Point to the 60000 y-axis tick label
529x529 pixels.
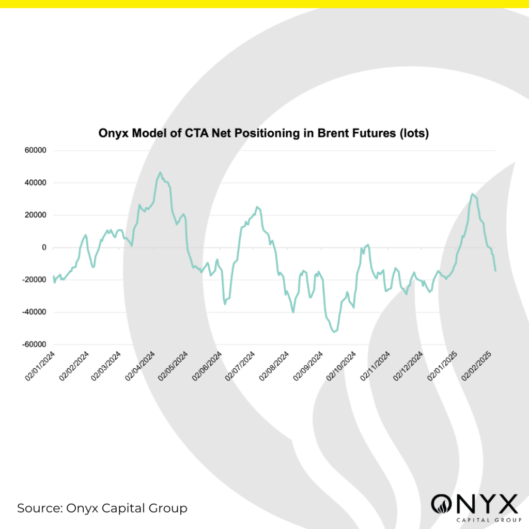tap(35, 151)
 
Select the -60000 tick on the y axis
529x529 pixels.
tap(34, 345)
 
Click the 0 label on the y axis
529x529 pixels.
tap(44, 247)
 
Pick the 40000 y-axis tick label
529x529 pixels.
tap(35, 183)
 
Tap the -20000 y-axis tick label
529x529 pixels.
tap(34, 280)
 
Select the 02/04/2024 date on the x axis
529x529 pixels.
tap(142, 365)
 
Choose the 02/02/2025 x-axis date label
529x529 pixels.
tap(477, 365)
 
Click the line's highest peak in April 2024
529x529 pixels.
tap(160, 173)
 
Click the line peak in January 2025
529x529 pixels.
tap(472, 194)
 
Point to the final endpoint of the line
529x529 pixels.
tap(495, 270)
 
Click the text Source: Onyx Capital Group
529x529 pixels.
tap(102, 508)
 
